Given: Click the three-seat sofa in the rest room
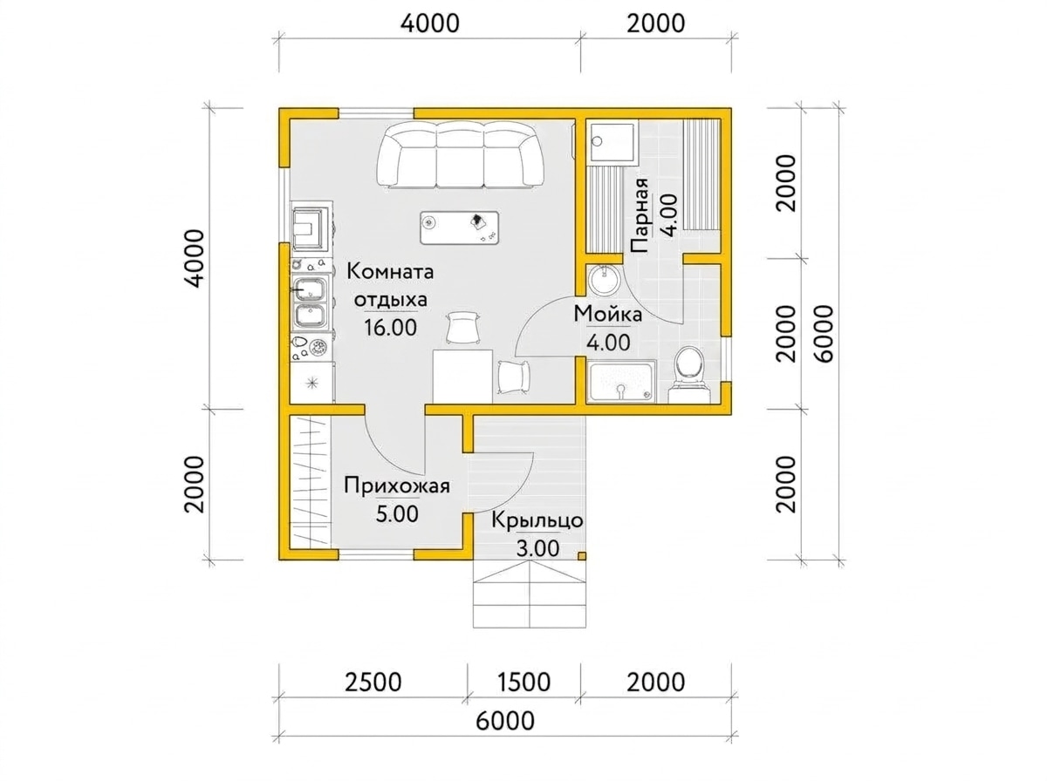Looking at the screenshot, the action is coord(460,155).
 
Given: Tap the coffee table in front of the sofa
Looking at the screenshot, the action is coord(459,228).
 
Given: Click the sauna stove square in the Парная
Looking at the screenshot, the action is coord(612,142).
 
